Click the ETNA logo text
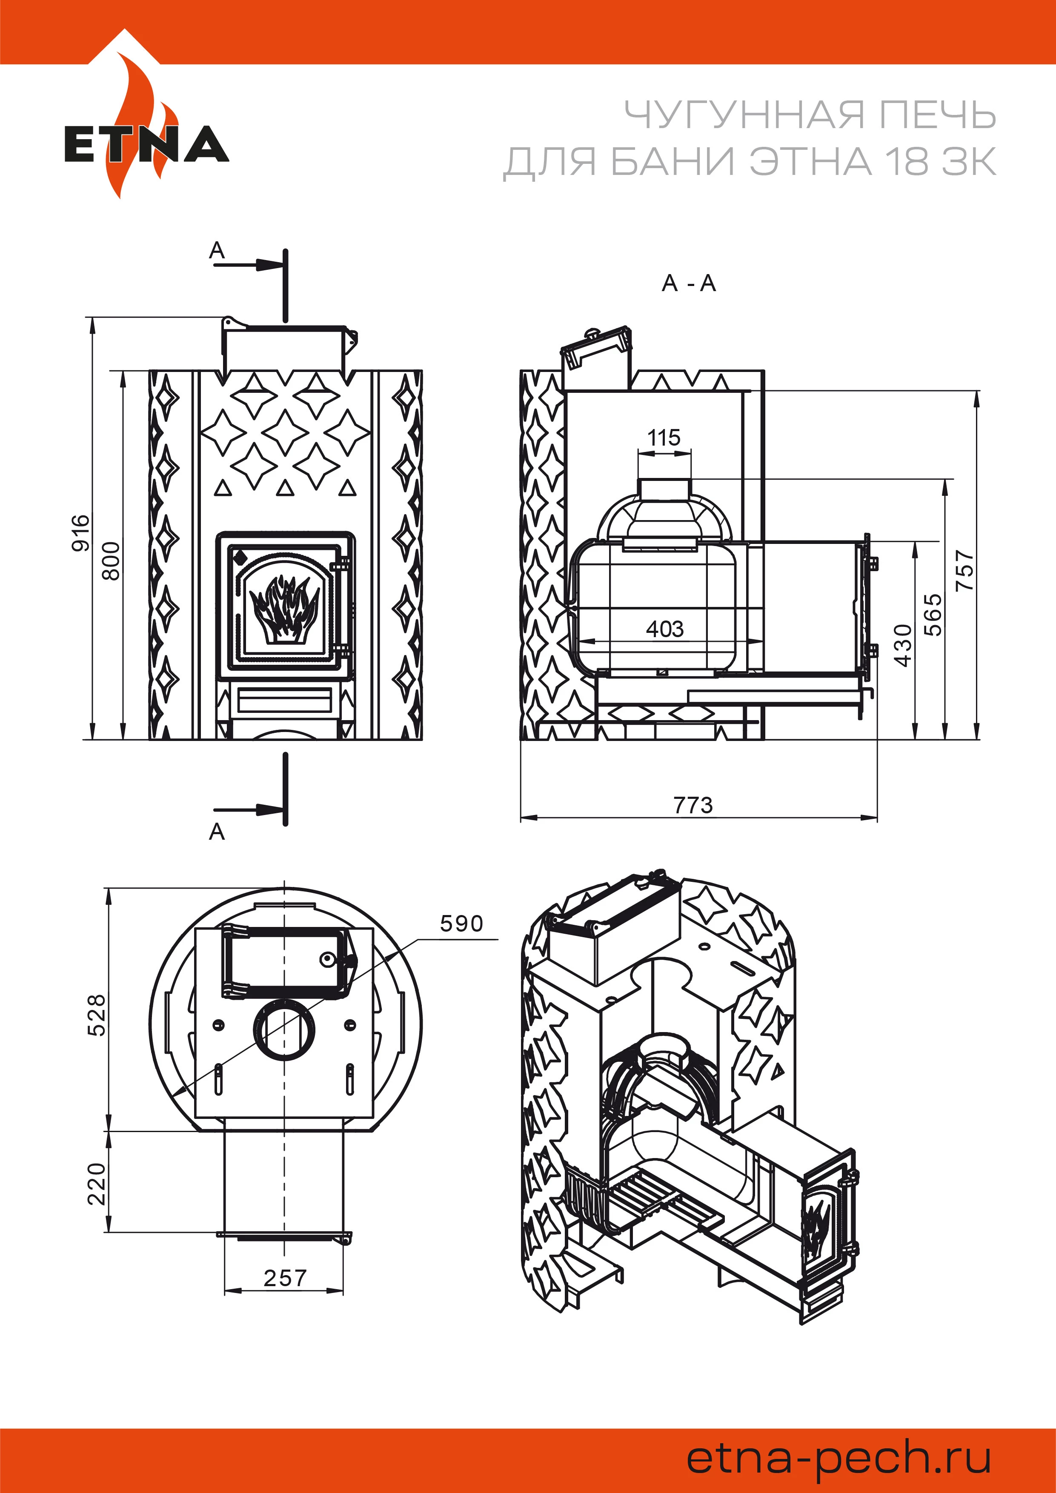pyautogui.click(x=146, y=144)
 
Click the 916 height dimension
pyautogui.click(x=80, y=532)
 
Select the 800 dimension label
pyautogui.click(x=112, y=561)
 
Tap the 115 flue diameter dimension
pyautogui.click(x=664, y=438)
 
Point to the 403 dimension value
pyautogui.click(x=664, y=629)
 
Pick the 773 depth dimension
pyautogui.click(x=693, y=806)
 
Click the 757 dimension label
pyautogui.click(x=965, y=571)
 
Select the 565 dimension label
pyautogui.click(x=933, y=615)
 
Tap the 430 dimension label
pyautogui.click(x=903, y=645)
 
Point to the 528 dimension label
pyautogui.click(x=96, y=1014)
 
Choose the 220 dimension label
pyautogui.click(x=96, y=1184)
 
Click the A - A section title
pyautogui.click(x=689, y=283)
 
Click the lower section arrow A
pyautogui.click(x=217, y=832)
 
